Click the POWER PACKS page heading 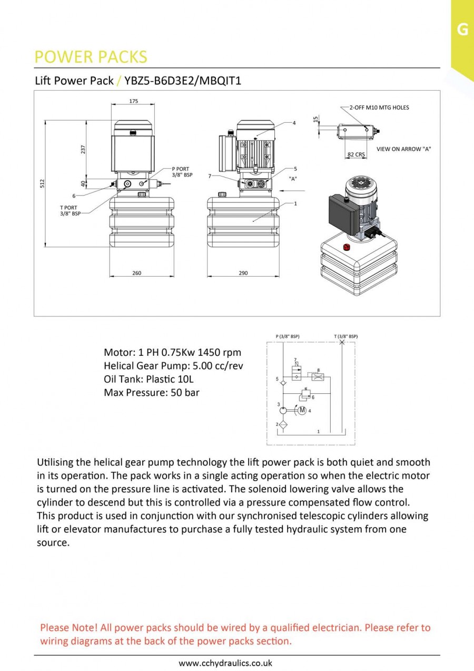(91, 57)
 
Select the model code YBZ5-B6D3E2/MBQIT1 (183, 81)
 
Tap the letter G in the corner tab (462, 30)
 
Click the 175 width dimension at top (133, 101)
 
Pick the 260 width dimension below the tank (136, 273)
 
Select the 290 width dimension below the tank (243, 273)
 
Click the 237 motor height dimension (83, 149)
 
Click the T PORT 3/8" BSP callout (68, 210)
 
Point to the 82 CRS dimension (356, 154)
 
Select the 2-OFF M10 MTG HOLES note (379, 108)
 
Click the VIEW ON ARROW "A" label (403, 149)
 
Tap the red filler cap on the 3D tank (347, 247)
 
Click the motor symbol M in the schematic (302, 410)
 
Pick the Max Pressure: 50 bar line (152, 392)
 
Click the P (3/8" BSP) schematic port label (288, 336)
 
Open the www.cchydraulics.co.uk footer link (225, 663)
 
